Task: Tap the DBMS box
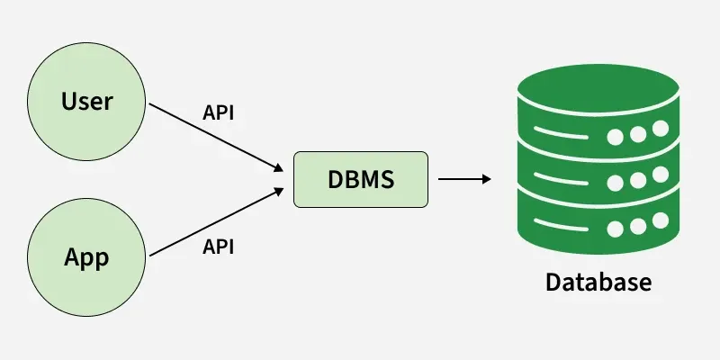[359, 179]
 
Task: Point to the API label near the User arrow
[220, 115]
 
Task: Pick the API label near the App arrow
[220, 246]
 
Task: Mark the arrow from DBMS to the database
[463, 179]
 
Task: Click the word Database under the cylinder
[598, 283]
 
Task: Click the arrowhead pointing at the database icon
[487, 179]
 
